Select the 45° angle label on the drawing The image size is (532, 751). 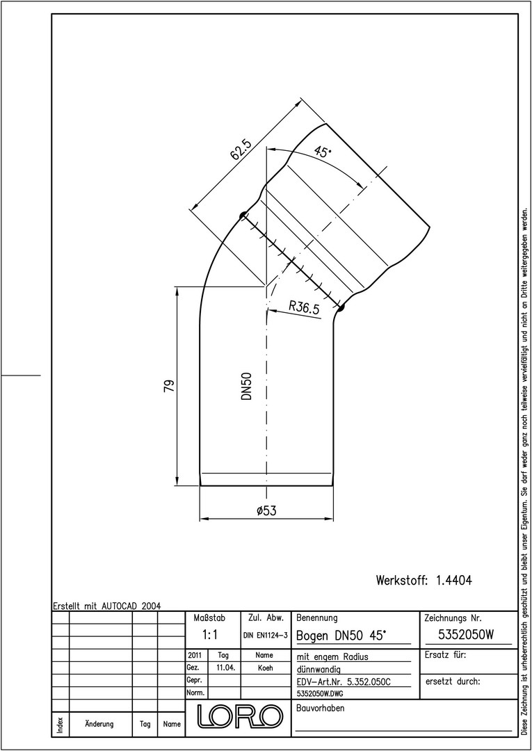click(322, 152)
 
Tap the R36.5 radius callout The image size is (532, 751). click(304, 307)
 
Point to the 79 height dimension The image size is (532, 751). click(169, 385)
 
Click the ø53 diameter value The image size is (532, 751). click(266, 510)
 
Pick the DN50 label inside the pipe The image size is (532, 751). click(247, 387)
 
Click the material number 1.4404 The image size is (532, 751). click(454, 581)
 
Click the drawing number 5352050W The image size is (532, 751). click(466, 635)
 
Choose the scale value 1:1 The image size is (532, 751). click(210, 635)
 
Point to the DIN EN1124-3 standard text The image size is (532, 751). click(265, 636)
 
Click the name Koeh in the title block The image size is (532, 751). click(265, 668)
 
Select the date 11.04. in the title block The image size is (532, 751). click(224, 668)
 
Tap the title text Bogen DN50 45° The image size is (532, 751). click(341, 636)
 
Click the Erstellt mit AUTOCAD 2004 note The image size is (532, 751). click(107, 606)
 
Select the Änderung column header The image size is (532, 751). click(99, 724)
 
